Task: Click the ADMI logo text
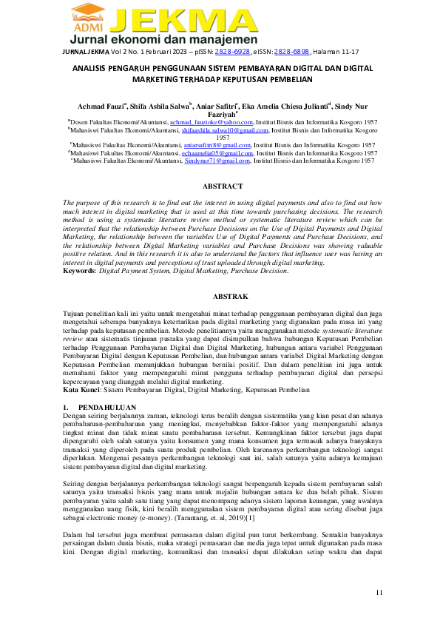(x=86, y=27)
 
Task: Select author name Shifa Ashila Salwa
(x=159, y=107)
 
